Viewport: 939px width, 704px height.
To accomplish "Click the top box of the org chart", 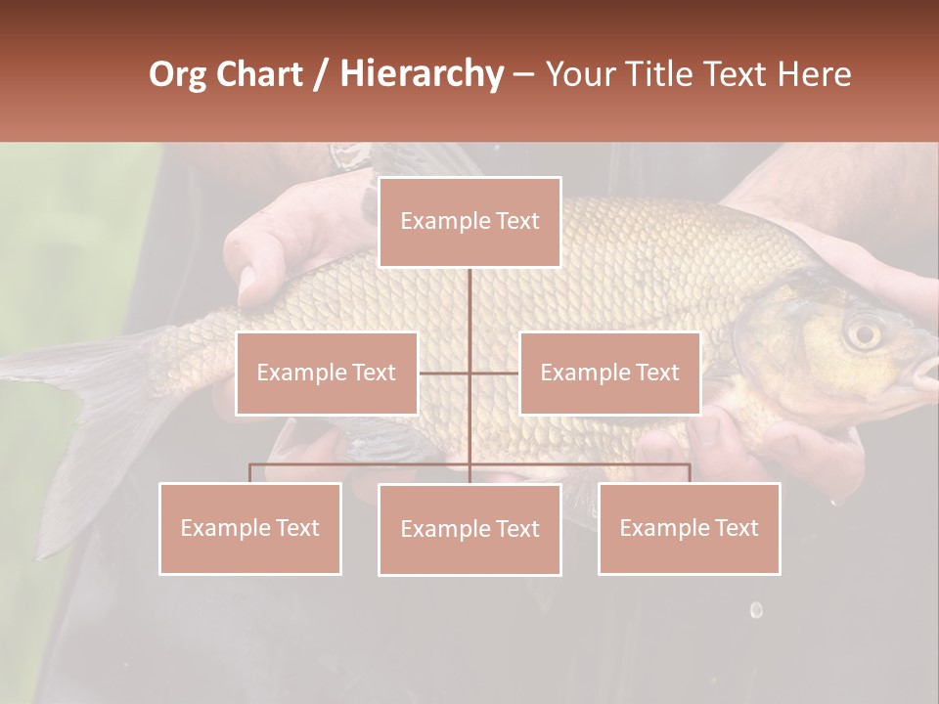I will point(469,222).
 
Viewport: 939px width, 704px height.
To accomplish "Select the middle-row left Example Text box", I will point(326,373).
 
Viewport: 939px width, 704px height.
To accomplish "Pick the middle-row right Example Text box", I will point(609,373).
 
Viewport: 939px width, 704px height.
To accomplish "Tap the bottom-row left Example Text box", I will point(249,528).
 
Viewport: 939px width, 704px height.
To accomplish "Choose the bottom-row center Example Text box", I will point(469,529).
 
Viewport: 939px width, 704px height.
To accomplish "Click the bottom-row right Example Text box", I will point(689,528).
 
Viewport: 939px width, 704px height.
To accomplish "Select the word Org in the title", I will point(176,74).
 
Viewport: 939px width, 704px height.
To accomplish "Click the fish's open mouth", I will point(922,372).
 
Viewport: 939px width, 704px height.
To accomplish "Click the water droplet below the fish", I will point(756,610).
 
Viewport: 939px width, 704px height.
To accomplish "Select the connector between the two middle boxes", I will point(469,373).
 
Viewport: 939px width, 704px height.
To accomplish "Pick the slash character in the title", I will point(321,74).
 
